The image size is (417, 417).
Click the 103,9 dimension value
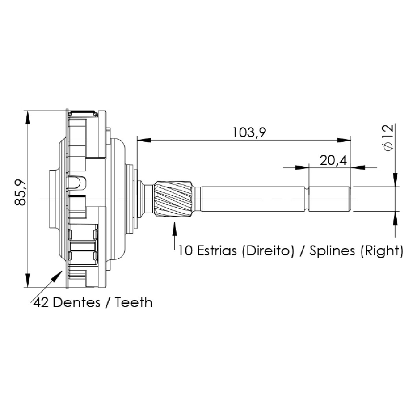pos(249,132)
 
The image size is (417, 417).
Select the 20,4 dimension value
pos(333,161)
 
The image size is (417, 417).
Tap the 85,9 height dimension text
pos(20,192)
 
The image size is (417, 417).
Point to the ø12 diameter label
pos(389,138)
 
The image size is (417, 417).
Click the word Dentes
pos(77,303)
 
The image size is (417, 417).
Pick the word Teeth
pos(133,303)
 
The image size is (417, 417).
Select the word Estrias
pos(217,251)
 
